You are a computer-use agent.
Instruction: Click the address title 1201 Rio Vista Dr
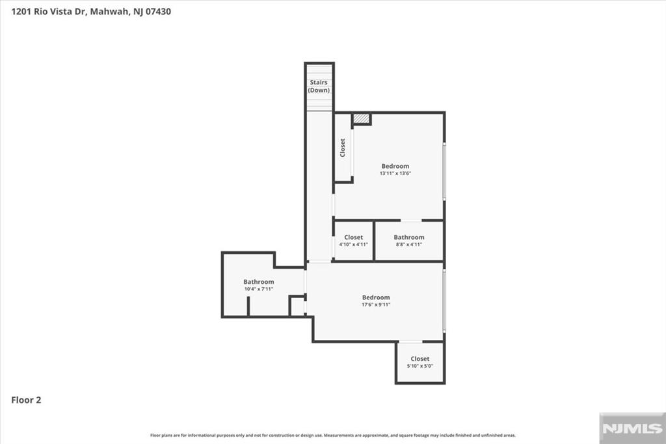tap(91, 12)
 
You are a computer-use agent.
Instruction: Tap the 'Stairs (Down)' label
tap(319, 86)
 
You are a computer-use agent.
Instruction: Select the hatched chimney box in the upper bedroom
tap(361, 118)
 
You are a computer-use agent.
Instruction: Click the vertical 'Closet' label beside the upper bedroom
tap(343, 148)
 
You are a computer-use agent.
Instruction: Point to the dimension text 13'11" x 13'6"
tap(395, 174)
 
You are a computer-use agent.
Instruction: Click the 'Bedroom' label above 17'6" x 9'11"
tap(376, 298)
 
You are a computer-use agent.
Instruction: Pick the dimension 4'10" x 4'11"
tap(354, 245)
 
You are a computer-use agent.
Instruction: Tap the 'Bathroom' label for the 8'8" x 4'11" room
tap(409, 238)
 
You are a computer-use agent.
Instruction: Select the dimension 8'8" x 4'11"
tap(409, 245)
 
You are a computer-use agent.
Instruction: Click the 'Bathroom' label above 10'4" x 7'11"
tap(259, 282)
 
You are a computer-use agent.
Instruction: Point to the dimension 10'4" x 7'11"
tap(259, 289)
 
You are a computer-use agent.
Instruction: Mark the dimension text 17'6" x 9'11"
tap(376, 305)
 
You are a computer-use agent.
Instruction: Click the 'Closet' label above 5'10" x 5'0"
tap(420, 359)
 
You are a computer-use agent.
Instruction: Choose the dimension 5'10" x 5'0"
tap(420, 366)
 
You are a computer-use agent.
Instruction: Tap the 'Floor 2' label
tap(26, 400)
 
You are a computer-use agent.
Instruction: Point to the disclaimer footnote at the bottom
tap(333, 436)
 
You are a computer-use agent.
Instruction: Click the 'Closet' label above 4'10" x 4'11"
tap(354, 238)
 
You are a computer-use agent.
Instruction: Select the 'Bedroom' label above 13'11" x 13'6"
tap(395, 167)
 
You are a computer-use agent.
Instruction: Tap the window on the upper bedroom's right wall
tap(444, 171)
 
